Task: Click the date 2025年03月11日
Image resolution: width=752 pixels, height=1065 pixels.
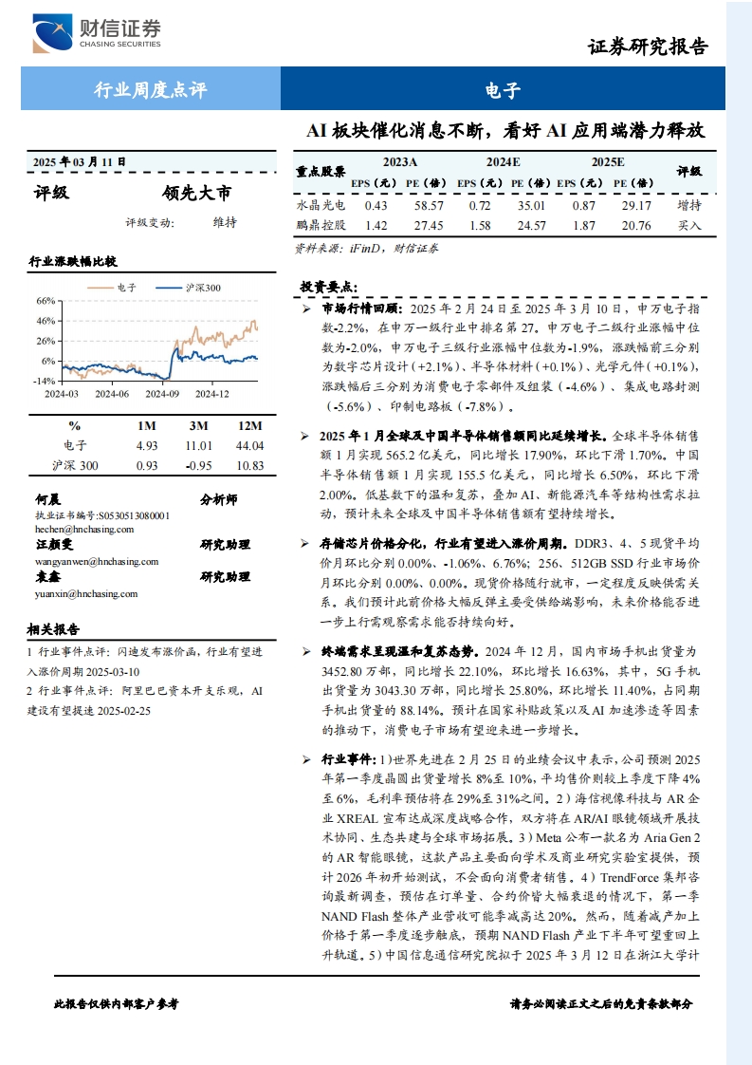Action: coord(79,161)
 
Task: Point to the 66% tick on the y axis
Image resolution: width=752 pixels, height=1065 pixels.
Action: coord(45,301)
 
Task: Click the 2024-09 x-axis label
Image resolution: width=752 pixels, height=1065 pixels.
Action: coord(163,393)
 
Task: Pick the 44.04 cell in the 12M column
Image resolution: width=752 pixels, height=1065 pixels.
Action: coord(248,445)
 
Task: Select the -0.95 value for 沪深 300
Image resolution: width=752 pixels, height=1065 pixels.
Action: coord(198,465)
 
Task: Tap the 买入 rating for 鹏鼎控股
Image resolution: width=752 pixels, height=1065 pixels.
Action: coord(689,226)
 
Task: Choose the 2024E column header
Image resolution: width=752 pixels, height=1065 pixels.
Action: coord(504,162)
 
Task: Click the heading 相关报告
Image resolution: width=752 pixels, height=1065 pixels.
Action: coord(54,628)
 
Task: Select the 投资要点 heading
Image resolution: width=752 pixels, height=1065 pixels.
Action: coord(328,286)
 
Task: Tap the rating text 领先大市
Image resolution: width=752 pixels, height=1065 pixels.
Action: coord(196,194)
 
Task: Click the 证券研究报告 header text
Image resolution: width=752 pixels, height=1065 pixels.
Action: coord(648,47)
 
